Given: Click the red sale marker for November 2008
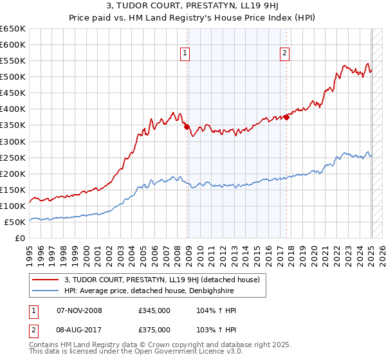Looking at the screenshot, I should click(x=187, y=127).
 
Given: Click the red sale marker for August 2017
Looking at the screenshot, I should click(x=287, y=117).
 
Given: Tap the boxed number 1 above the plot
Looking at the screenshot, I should click(x=185, y=54).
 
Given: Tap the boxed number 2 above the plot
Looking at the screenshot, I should click(x=284, y=54).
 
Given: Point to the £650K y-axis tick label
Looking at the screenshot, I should click(x=13, y=29).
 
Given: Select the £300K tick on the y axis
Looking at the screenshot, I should click(x=13, y=141).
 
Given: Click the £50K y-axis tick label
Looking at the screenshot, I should click(x=15, y=222).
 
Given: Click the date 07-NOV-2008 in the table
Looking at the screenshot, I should click(x=79, y=310).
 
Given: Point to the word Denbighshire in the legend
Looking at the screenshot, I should click(x=219, y=291).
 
